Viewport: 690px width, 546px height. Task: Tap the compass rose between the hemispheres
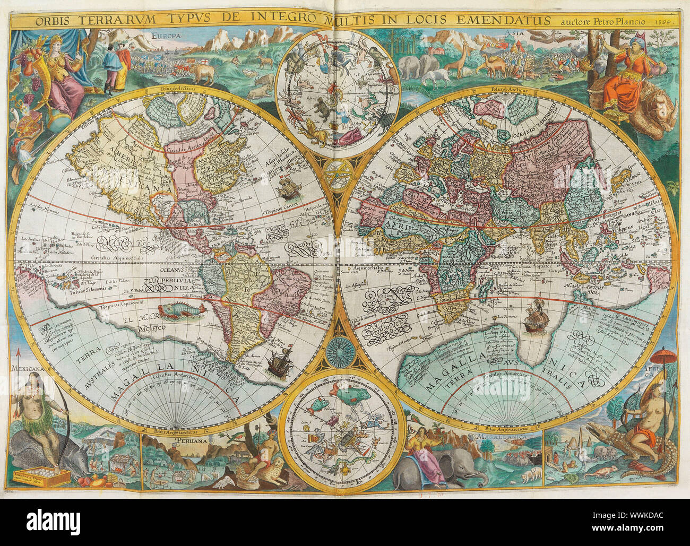338,351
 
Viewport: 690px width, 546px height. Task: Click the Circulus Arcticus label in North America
183,150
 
